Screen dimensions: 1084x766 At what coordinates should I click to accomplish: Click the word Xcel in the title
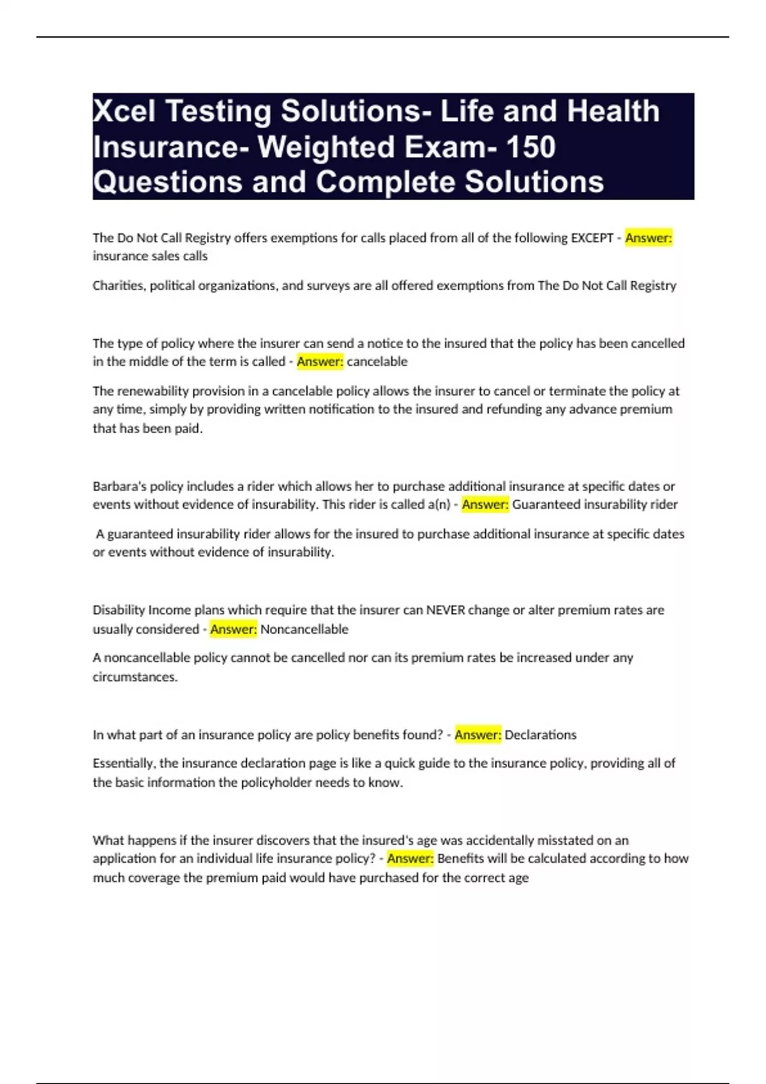pyautogui.click(x=125, y=112)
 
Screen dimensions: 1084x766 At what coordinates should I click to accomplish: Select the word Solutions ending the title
pyautogui.click(x=534, y=182)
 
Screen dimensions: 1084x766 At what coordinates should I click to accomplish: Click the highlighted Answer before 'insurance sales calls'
pyautogui.click(x=648, y=238)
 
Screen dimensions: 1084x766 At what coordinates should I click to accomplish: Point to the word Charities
pyautogui.click(x=119, y=286)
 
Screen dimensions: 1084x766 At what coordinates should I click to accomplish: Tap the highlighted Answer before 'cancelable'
pyautogui.click(x=320, y=362)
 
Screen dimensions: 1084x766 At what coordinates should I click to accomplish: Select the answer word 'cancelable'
pyautogui.click(x=377, y=362)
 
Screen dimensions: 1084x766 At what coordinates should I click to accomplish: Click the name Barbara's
pyautogui.click(x=119, y=486)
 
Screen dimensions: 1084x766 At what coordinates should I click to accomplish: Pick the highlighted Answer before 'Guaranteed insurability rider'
pyautogui.click(x=485, y=504)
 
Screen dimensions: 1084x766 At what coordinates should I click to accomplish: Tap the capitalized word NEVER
pyautogui.click(x=446, y=610)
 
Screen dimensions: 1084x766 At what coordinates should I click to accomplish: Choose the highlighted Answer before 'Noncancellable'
pyautogui.click(x=234, y=629)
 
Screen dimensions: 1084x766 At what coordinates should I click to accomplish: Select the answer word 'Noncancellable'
pyautogui.click(x=304, y=629)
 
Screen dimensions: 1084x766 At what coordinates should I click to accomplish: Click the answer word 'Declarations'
pyautogui.click(x=541, y=735)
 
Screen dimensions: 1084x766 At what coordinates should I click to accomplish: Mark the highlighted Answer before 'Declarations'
pyautogui.click(x=477, y=735)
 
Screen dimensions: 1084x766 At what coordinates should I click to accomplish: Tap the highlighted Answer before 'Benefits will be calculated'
pyautogui.click(x=410, y=858)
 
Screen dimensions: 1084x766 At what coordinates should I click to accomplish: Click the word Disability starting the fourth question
pyautogui.click(x=119, y=610)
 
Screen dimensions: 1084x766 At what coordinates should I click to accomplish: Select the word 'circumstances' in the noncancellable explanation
pyautogui.click(x=134, y=677)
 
